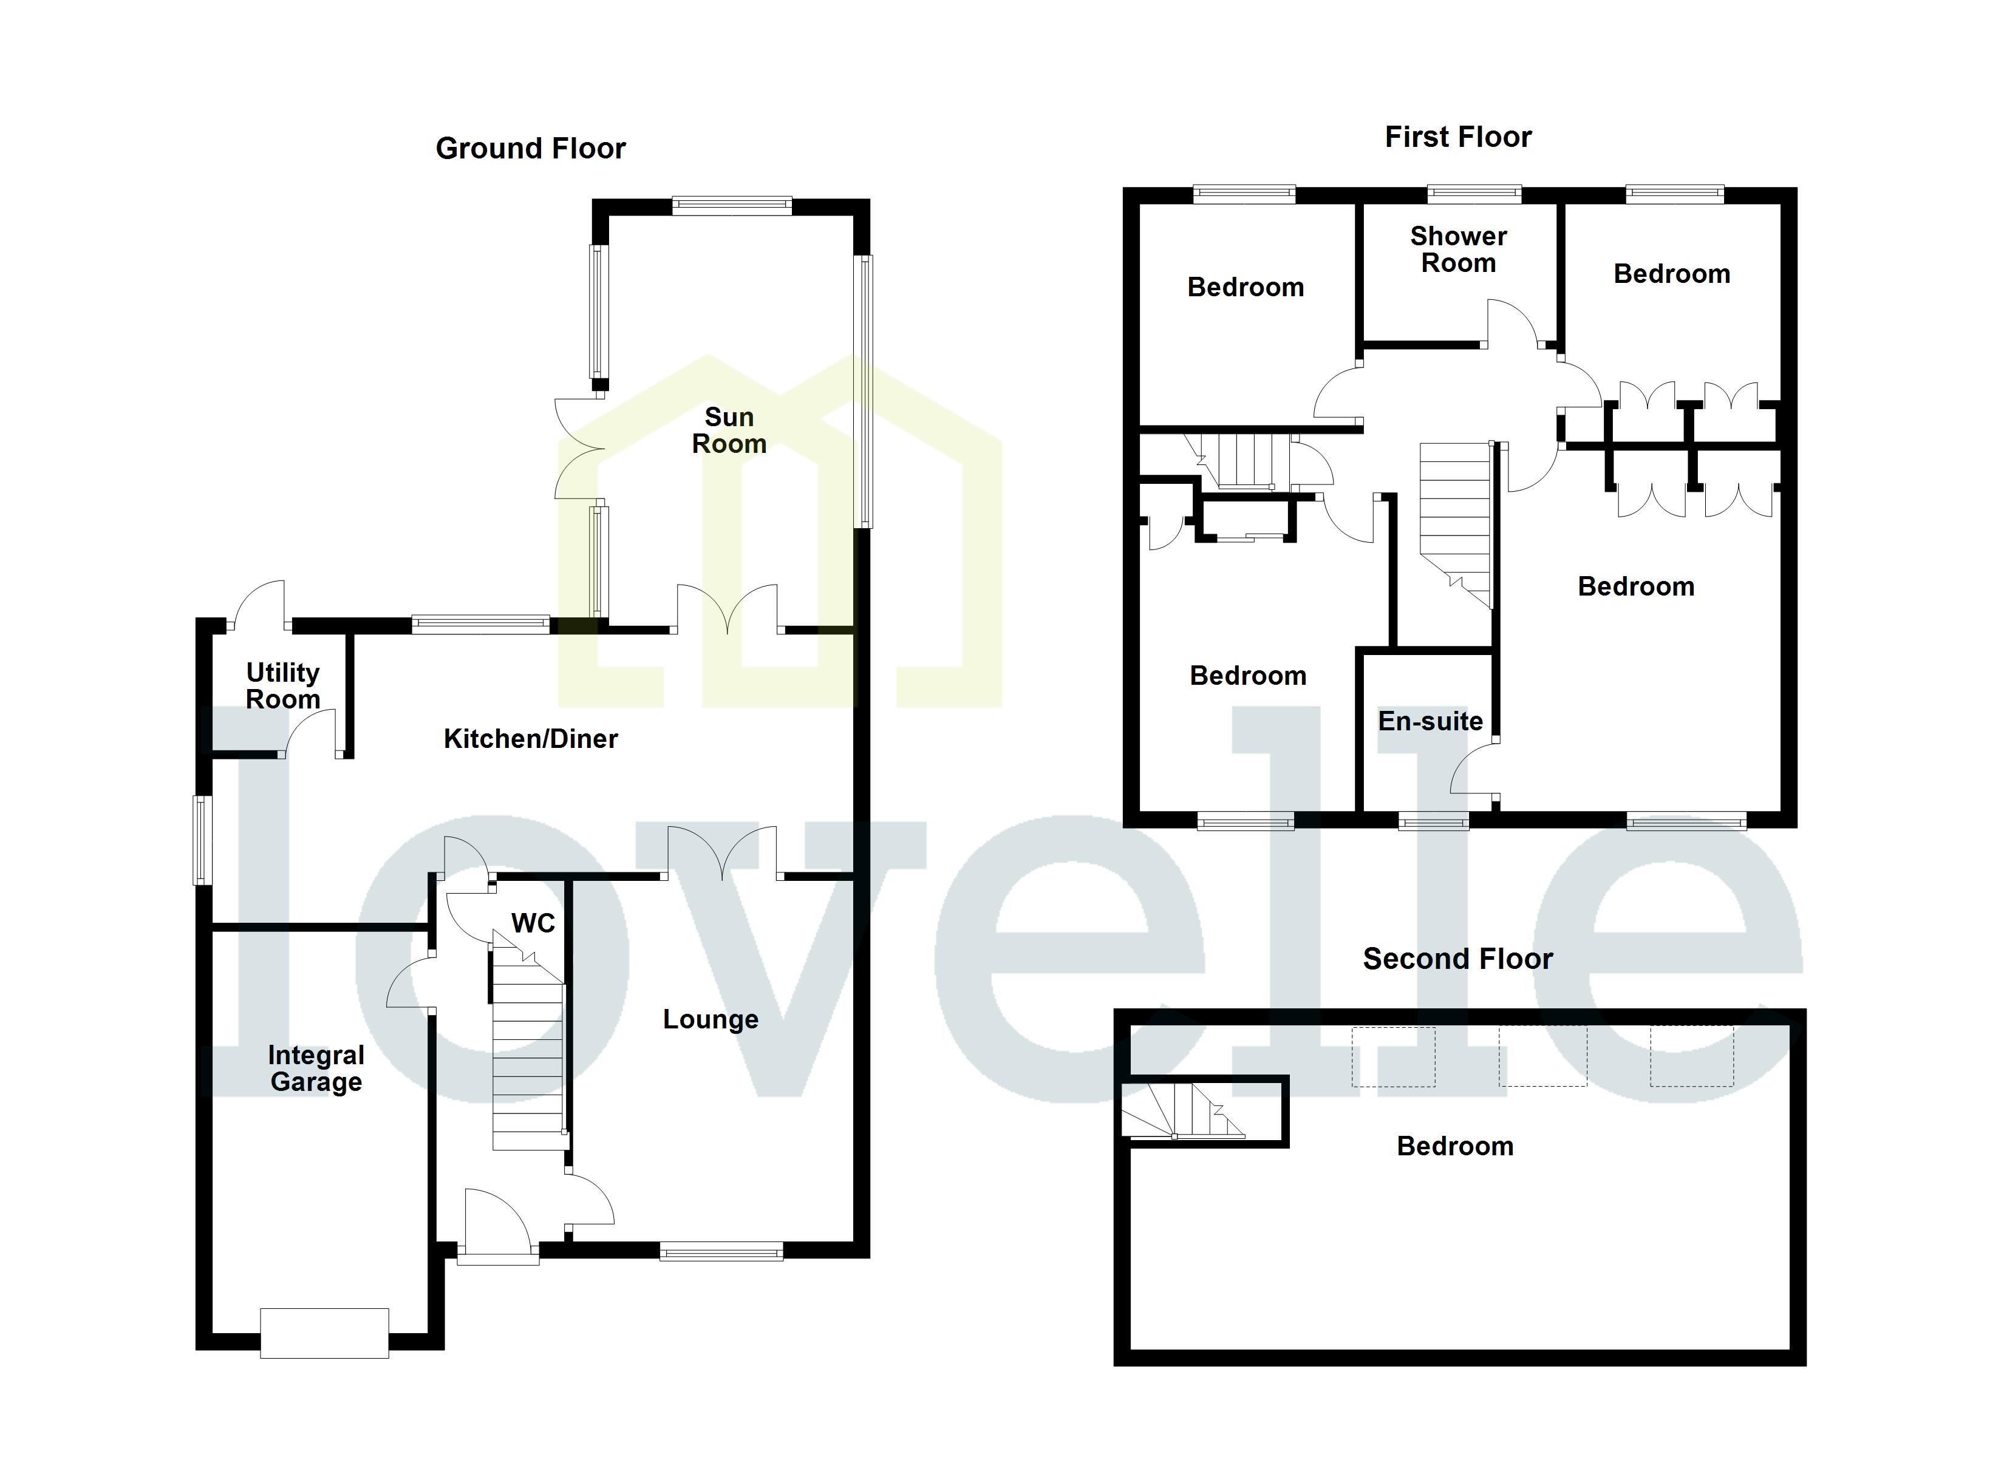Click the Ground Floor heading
click(530, 149)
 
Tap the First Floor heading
click(1458, 137)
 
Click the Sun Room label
click(729, 430)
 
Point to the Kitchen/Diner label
click(530, 739)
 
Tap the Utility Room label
click(283, 685)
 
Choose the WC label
click(533, 923)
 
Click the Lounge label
click(711, 1020)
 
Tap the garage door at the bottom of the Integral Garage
click(324, 1333)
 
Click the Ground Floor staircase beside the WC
click(528, 1051)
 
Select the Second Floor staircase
click(1184, 1110)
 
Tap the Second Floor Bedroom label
click(1454, 1146)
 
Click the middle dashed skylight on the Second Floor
click(1542, 1056)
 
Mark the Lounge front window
click(721, 1250)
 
